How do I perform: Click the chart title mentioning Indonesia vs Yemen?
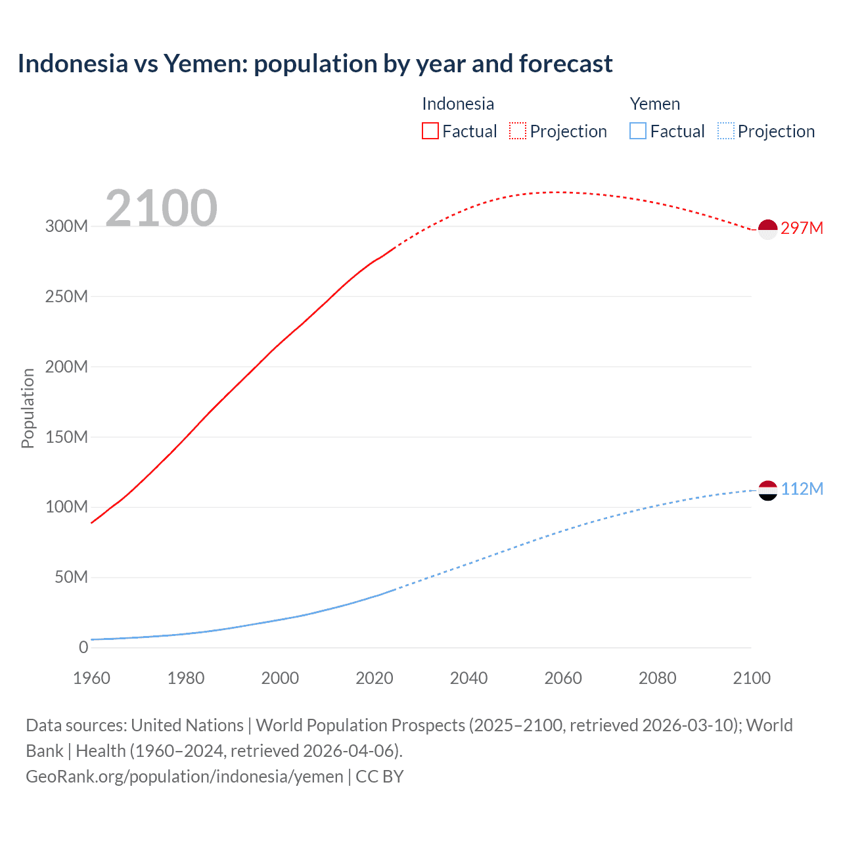[315, 64]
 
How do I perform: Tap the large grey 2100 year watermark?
[161, 208]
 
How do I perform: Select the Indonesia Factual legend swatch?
[430, 131]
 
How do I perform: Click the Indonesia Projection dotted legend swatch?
[518, 131]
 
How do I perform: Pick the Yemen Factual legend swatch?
[638, 131]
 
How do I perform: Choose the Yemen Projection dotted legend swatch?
[726, 131]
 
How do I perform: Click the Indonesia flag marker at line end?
[767, 229]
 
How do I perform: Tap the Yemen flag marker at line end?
[767, 490]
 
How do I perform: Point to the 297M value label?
[802, 228]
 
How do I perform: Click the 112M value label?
[802, 489]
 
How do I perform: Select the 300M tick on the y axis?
[66, 226]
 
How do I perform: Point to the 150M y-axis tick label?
[66, 437]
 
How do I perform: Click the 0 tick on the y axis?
[83, 647]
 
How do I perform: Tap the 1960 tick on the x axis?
[91, 678]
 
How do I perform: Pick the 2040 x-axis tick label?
[468, 678]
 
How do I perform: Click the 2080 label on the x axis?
[657, 678]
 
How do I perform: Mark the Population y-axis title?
[28, 408]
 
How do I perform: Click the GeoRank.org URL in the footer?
[184, 777]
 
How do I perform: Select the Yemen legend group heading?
[654, 104]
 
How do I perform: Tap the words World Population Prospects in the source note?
[360, 725]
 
